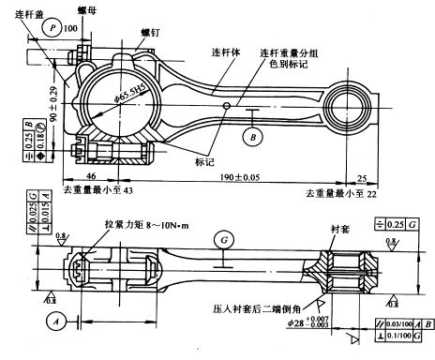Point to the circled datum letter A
coord(58,319)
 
